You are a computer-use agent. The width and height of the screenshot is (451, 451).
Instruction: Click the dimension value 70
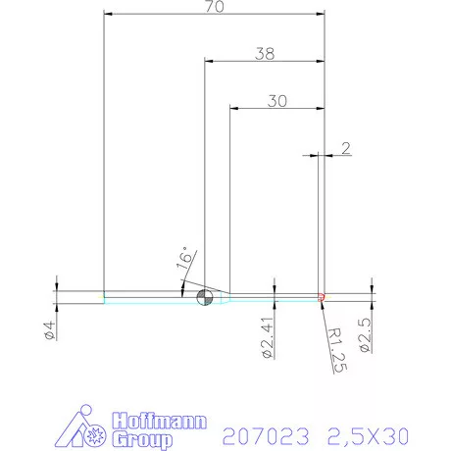pos(214,8)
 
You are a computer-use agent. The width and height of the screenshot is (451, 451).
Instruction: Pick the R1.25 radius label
pos(332,345)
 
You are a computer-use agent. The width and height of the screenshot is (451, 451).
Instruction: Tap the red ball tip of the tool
pos(322,296)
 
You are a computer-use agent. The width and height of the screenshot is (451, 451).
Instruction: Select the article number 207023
pos(267,432)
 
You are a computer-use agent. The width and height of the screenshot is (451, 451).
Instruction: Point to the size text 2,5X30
pos(368,432)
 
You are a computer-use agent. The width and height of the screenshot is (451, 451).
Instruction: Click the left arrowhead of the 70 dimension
pos(108,15)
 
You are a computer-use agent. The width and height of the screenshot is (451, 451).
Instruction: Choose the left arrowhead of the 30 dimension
pos(232,107)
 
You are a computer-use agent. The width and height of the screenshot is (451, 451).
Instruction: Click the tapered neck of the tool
pos(223,297)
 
